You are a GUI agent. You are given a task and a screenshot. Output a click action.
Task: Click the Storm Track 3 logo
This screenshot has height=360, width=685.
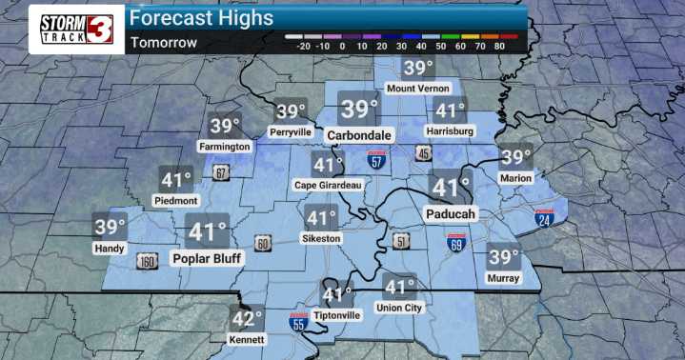pos(77,29)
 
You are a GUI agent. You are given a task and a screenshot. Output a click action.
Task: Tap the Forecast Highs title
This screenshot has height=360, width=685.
pos(201,18)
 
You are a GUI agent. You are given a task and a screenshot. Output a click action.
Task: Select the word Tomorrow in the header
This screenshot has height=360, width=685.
pos(164,42)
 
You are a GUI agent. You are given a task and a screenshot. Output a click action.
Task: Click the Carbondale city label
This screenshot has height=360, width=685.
pos(360,135)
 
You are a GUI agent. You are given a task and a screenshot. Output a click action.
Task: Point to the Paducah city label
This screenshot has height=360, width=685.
pos(452,213)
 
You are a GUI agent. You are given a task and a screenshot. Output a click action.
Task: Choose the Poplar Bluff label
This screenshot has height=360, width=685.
pos(208,257)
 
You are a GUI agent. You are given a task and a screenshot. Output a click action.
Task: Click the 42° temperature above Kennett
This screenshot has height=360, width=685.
pos(248,319)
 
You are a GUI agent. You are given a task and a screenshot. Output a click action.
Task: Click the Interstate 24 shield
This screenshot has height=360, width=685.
pos(545,220)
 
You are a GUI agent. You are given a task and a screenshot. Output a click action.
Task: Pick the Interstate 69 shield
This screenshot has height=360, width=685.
pos(456,243)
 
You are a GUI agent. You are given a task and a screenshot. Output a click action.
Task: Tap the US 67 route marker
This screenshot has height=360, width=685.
pos(221,172)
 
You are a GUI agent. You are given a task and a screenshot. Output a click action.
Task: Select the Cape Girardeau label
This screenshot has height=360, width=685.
pos(328,184)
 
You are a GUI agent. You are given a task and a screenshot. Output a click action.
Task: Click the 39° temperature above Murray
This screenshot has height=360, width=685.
pos(503,256)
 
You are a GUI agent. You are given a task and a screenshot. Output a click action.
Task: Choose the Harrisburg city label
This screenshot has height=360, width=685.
pos(450,130)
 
